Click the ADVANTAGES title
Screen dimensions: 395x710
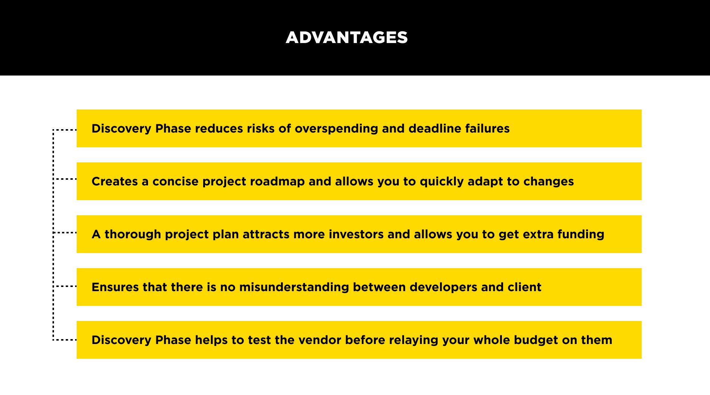(x=347, y=38)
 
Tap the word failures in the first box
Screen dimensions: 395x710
(x=487, y=128)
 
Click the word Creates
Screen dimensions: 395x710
(x=114, y=181)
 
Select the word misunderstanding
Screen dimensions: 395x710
(x=294, y=287)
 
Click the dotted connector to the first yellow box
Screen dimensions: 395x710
(x=65, y=130)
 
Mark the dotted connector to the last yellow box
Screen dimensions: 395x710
(x=65, y=340)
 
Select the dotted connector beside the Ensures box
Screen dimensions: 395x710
(x=65, y=286)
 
